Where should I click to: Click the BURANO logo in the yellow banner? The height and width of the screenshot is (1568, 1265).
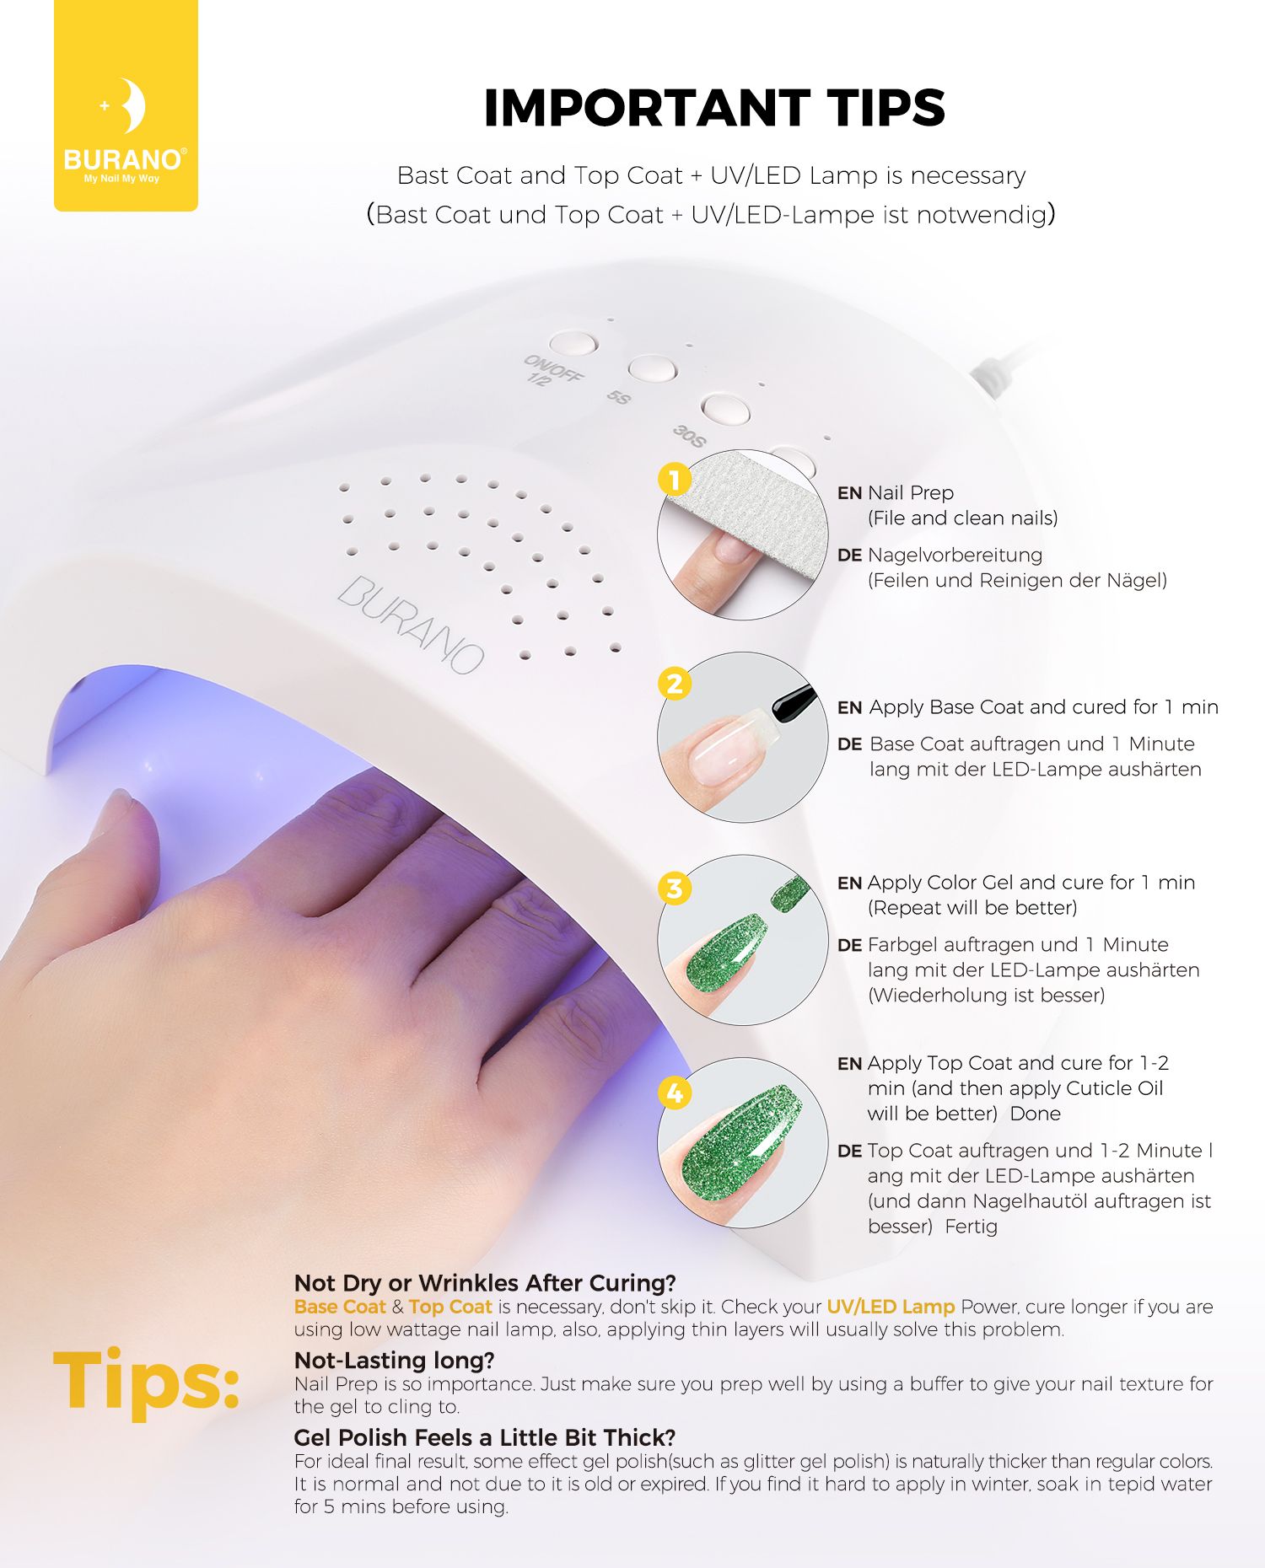click(x=126, y=132)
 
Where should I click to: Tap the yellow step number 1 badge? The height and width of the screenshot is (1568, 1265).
click(x=675, y=481)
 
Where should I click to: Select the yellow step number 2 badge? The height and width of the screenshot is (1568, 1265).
click(x=675, y=684)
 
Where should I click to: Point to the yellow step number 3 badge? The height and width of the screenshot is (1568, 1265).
click(x=675, y=889)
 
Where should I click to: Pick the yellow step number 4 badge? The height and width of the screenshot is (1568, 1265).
click(x=675, y=1093)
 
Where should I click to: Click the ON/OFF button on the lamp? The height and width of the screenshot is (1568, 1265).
click(x=573, y=343)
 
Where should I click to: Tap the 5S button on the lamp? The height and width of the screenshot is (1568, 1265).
click(x=652, y=368)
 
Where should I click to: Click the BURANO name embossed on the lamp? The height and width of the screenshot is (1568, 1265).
click(x=412, y=624)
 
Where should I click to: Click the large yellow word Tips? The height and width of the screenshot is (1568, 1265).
click(x=147, y=1380)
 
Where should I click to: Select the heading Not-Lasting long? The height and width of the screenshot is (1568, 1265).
click(x=394, y=1360)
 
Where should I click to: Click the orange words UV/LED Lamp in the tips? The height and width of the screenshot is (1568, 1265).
click(x=891, y=1307)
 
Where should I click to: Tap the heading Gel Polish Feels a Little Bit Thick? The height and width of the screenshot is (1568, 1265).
click(x=485, y=1437)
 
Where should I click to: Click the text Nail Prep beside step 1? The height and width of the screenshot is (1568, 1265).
click(x=911, y=493)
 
